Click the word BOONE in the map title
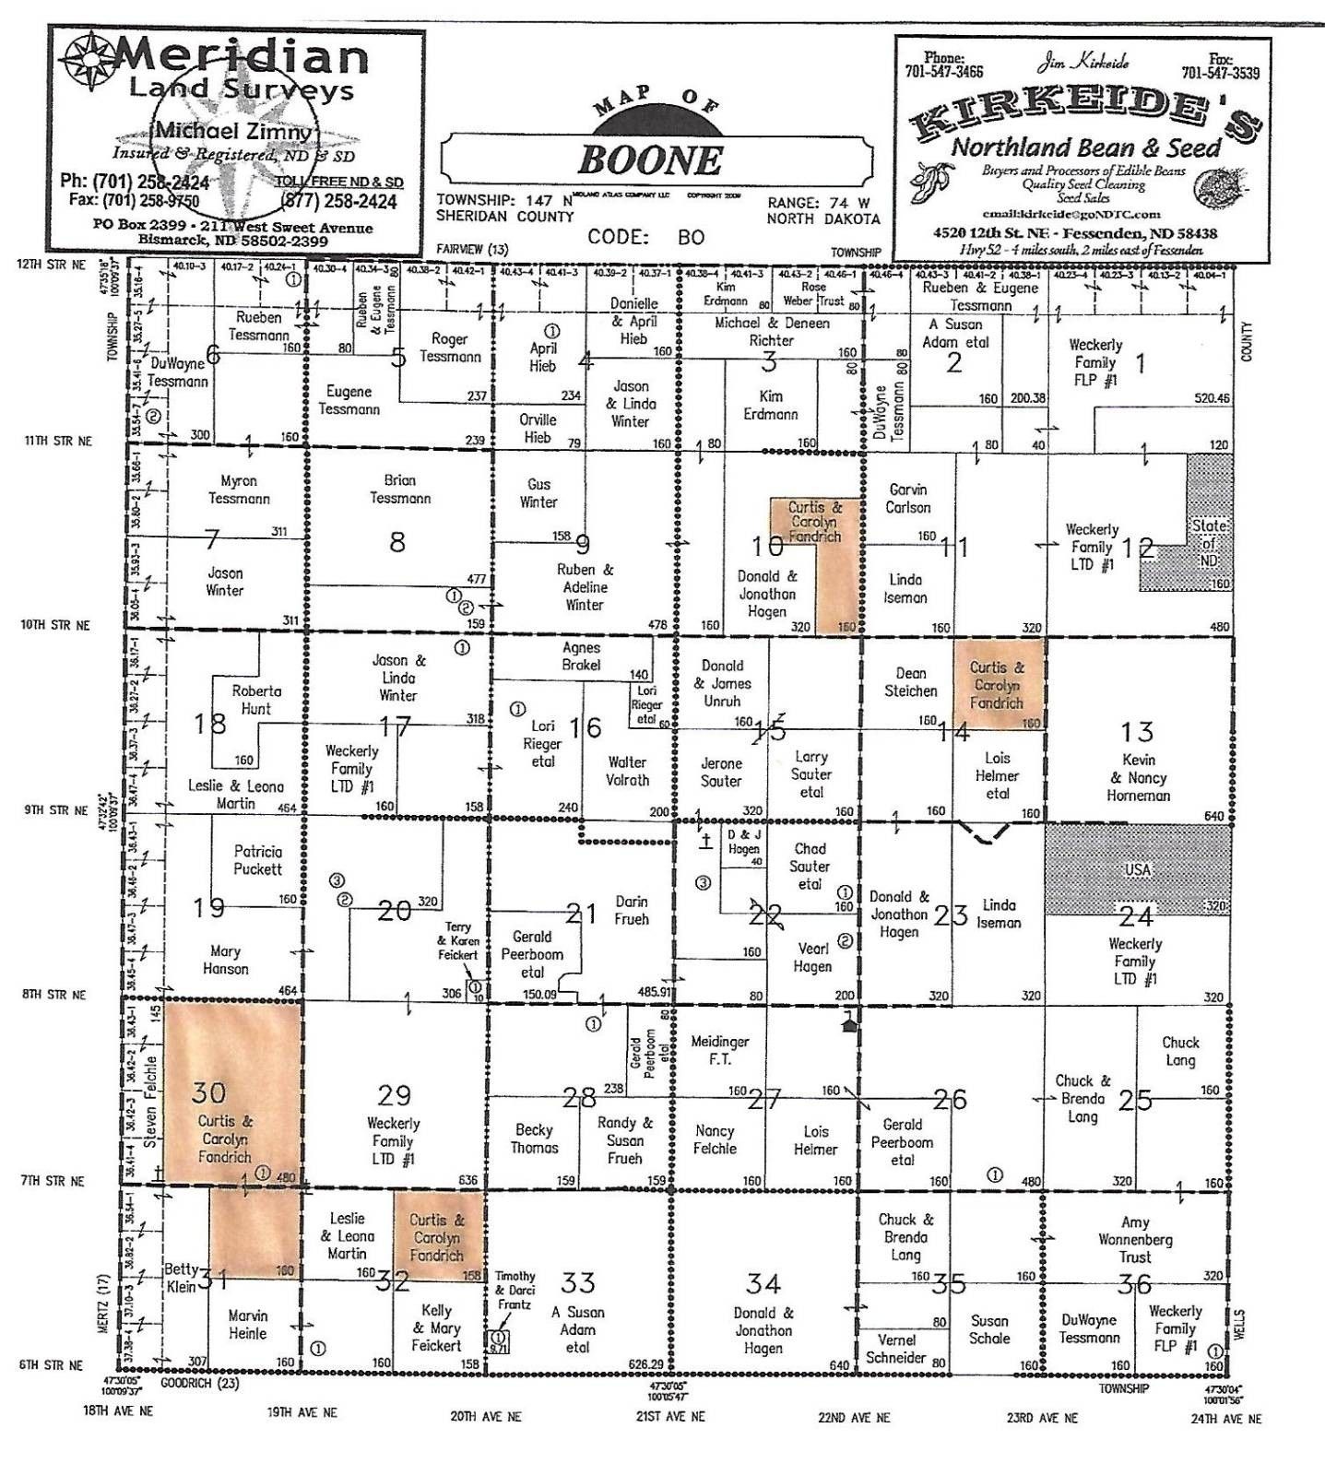(651, 160)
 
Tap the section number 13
(1136, 732)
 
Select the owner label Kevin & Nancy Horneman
(1138, 777)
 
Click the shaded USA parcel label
(1137, 869)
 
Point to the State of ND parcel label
(1208, 543)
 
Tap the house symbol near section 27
(849, 1021)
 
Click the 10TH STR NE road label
(55, 625)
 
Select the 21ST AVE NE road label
(669, 1416)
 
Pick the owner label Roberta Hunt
(256, 700)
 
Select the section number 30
(208, 1093)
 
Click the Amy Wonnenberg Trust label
(1135, 1239)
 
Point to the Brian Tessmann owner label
(400, 489)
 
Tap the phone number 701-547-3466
(943, 72)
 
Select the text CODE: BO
(645, 238)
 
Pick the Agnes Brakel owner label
(581, 656)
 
